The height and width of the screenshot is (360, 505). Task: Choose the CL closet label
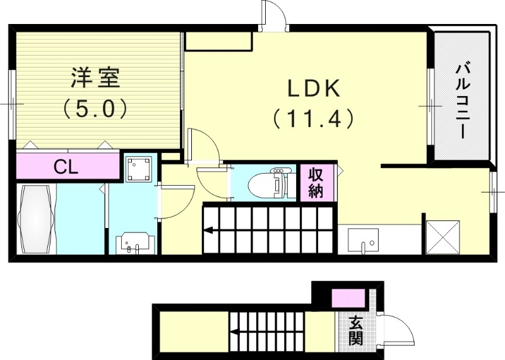[66, 168]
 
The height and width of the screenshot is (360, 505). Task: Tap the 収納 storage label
[316, 183]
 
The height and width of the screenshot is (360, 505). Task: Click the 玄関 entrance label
[356, 330]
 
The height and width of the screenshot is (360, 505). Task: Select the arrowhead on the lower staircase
[232, 332]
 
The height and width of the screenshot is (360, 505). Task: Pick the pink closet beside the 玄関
[348, 297]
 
